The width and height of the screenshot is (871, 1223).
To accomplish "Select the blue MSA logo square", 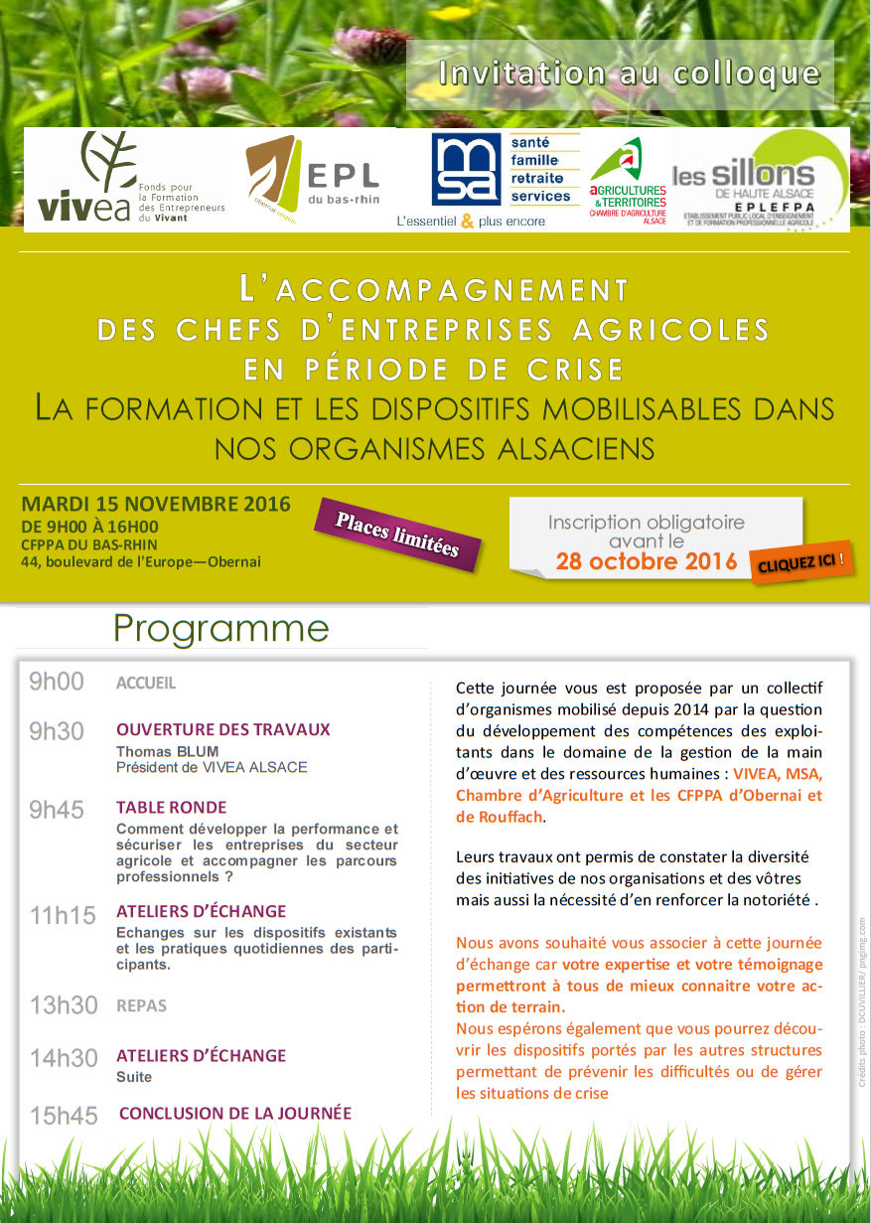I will click(466, 170).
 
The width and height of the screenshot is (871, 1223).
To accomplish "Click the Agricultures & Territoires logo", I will click(628, 178).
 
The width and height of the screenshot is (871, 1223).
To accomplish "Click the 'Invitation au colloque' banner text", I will click(630, 74).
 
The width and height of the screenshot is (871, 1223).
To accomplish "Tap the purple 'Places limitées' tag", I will click(397, 535).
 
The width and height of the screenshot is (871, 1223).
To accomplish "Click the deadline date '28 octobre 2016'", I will click(647, 562).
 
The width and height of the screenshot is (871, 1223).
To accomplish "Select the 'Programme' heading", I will click(220, 628).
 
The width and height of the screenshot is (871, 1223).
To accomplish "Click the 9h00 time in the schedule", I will click(57, 683).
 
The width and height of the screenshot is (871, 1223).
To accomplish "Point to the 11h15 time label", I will click(64, 915).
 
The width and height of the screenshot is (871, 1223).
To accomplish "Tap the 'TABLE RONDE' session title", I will click(171, 808).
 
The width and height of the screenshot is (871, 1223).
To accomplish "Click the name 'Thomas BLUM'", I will click(167, 751).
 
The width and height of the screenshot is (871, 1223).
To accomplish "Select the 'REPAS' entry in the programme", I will click(141, 1005).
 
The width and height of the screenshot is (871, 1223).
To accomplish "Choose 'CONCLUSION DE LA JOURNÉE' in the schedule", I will click(234, 1114).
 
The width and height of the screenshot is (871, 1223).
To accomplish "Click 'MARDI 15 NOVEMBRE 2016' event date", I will click(156, 504).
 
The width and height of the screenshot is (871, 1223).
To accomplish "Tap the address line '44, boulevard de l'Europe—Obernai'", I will click(141, 562).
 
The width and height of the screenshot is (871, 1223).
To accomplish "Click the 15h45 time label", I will click(64, 1116).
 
